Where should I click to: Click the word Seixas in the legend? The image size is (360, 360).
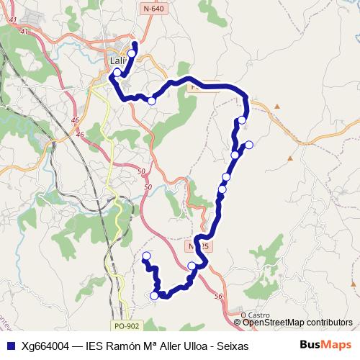point(231,346)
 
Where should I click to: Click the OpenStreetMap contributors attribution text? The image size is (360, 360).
point(298,323)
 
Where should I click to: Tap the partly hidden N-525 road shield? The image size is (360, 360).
point(199,246)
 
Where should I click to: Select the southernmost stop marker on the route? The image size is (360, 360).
point(155,295)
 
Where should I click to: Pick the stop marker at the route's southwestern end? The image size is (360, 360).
point(146,256)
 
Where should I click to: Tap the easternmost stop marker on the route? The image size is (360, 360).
point(249,145)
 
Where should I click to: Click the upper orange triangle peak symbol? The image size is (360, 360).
point(276,107)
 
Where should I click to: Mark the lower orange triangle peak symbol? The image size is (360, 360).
point(290,158)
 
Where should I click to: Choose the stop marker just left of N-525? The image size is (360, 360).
point(192,266)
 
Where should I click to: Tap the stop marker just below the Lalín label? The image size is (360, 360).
point(117,73)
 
